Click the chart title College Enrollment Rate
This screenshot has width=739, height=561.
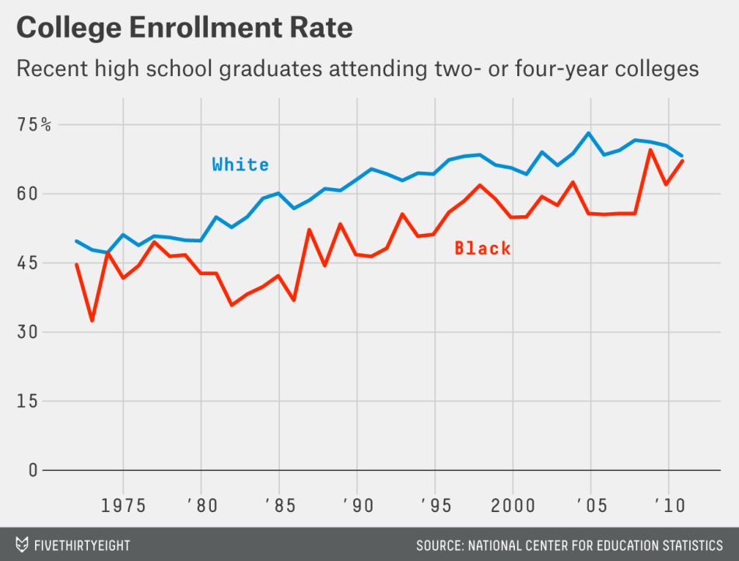184,28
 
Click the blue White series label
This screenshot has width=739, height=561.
240,165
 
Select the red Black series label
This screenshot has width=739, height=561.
482,249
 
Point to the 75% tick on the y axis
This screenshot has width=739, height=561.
34,125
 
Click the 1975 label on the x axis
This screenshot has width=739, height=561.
123,506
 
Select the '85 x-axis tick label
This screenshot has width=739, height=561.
278,506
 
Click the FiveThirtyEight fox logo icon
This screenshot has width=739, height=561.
22,545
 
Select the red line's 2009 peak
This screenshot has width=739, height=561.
650,150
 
